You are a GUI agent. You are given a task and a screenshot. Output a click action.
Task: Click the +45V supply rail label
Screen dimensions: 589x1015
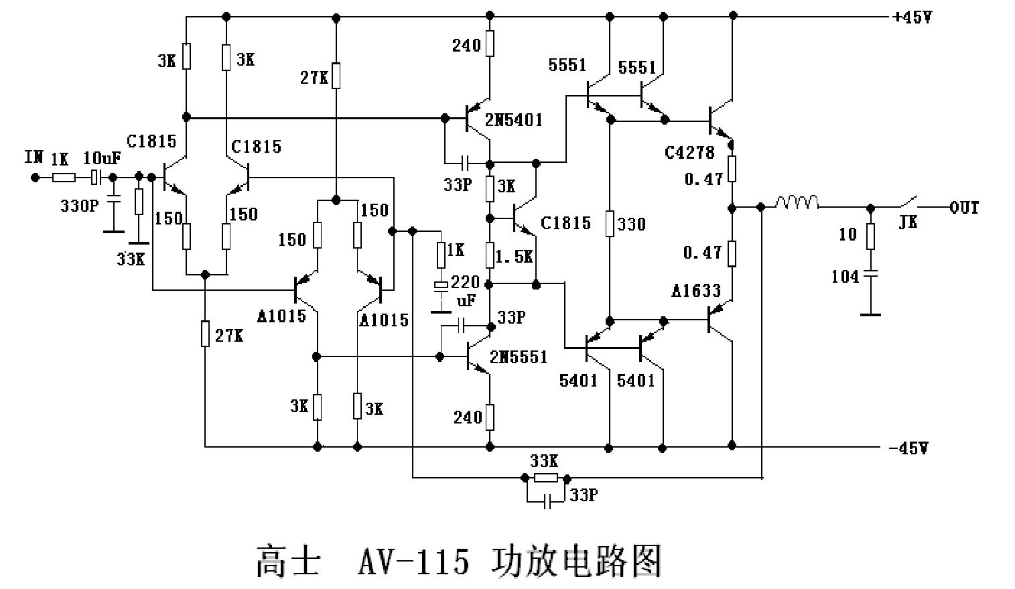[x=912, y=18]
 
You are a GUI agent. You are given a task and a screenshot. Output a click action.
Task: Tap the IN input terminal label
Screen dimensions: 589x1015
[x=33, y=158]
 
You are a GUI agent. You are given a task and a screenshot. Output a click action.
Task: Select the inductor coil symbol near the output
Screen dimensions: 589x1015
[x=797, y=202]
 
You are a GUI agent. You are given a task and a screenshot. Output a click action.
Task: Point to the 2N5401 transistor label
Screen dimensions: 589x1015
[x=514, y=121]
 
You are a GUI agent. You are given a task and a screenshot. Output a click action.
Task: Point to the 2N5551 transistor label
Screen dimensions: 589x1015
[x=519, y=357]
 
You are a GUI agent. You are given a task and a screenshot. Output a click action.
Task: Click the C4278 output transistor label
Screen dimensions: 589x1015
[x=689, y=153]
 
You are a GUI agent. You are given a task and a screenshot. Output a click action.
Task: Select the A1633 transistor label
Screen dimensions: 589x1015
[x=696, y=291]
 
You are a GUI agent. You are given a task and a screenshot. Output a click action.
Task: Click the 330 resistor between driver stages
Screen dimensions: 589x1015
[x=610, y=224]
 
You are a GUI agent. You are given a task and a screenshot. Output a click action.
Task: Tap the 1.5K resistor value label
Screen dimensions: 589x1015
[x=514, y=257]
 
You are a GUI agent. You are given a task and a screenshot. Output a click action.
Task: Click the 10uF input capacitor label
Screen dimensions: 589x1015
[x=102, y=159]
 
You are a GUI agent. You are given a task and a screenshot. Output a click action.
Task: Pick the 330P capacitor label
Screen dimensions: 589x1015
[x=78, y=206]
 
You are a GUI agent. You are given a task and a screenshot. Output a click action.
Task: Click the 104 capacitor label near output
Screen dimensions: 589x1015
[x=845, y=276]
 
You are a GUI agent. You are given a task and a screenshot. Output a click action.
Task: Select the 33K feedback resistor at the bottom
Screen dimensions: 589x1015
[x=545, y=478]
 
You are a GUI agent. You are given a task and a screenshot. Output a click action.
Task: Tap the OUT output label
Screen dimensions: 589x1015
[x=964, y=208]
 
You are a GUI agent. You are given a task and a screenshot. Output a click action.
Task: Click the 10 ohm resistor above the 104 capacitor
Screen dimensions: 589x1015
[x=870, y=235]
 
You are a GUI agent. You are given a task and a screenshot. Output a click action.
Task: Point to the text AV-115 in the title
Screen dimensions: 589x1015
[x=413, y=561]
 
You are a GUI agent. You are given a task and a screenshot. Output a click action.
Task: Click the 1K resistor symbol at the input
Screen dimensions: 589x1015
[x=63, y=178]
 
